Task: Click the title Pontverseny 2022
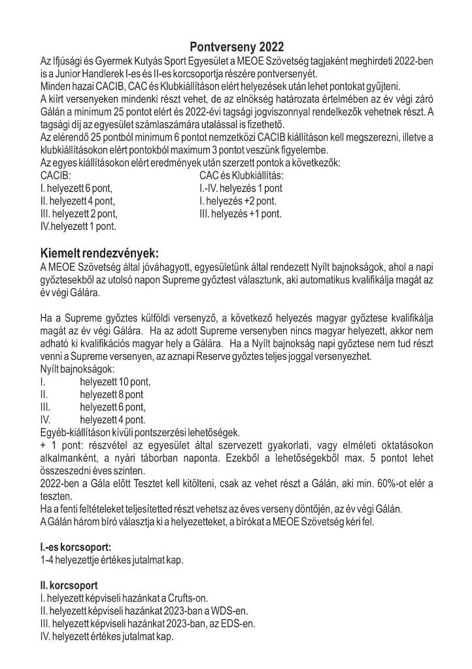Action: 237,47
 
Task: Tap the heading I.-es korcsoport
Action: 75,547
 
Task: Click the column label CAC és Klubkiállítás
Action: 241,176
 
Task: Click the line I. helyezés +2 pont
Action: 238,201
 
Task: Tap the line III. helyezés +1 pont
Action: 241,213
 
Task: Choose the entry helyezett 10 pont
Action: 115,382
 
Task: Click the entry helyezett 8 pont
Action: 112,395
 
